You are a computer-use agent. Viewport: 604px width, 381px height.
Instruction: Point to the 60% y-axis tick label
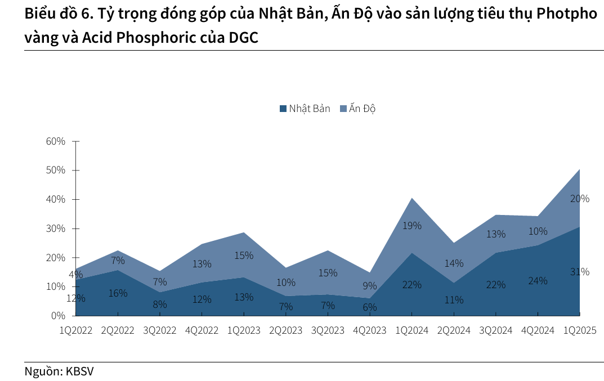pyautogui.click(x=56, y=141)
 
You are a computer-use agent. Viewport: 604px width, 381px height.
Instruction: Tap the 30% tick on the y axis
pyautogui.click(x=56, y=228)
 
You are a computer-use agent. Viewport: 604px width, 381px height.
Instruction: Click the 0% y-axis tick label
pyautogui.click(x=59, y=316)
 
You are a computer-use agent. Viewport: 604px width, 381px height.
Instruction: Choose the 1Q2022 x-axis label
pyautogui.click(x=76, y=330)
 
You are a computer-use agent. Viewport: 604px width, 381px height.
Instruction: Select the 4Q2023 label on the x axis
pyautogui.click(x=369, y=330)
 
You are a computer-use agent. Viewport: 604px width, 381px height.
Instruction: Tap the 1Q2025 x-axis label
pyautogui.click(x=580, y=330)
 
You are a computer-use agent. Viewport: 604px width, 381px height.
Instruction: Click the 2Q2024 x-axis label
pyautogui.click(x=453, y=330)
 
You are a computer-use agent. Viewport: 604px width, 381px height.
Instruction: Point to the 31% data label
pyautogui.click(x=580, y=272)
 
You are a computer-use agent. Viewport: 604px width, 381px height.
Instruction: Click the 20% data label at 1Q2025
pyautogui.click(x=580, y=199)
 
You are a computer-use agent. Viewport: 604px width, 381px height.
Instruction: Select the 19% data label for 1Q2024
pyautogui.click(x=412, y=226)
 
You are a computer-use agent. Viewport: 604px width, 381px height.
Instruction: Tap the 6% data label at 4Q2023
pyautogui.click(x=369, y=307)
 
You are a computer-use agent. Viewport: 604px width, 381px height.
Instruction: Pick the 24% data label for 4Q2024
pyautogui.click(x=538, y=280)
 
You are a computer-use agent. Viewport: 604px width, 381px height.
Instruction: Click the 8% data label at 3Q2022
pyautogui.click(x=159, y=304)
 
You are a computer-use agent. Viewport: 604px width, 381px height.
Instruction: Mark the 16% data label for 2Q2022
pyautogui.click(x=118, y=293)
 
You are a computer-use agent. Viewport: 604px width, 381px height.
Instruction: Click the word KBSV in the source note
pyautogui.click(x=80, y=371)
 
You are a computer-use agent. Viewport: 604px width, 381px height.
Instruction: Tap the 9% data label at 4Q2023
pyautogui.click(x=369, y=286)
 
